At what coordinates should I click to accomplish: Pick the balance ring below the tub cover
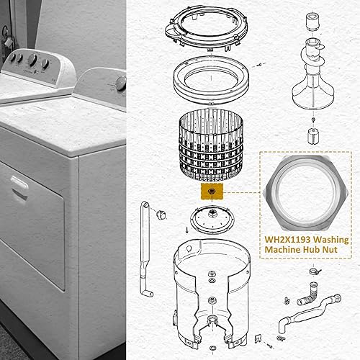click(210, 75)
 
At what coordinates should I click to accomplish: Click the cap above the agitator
click(313, 19)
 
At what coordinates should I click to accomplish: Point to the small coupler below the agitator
click(313, 135)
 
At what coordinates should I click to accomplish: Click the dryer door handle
click(19, 184)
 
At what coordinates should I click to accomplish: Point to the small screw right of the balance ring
click(258, 64)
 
